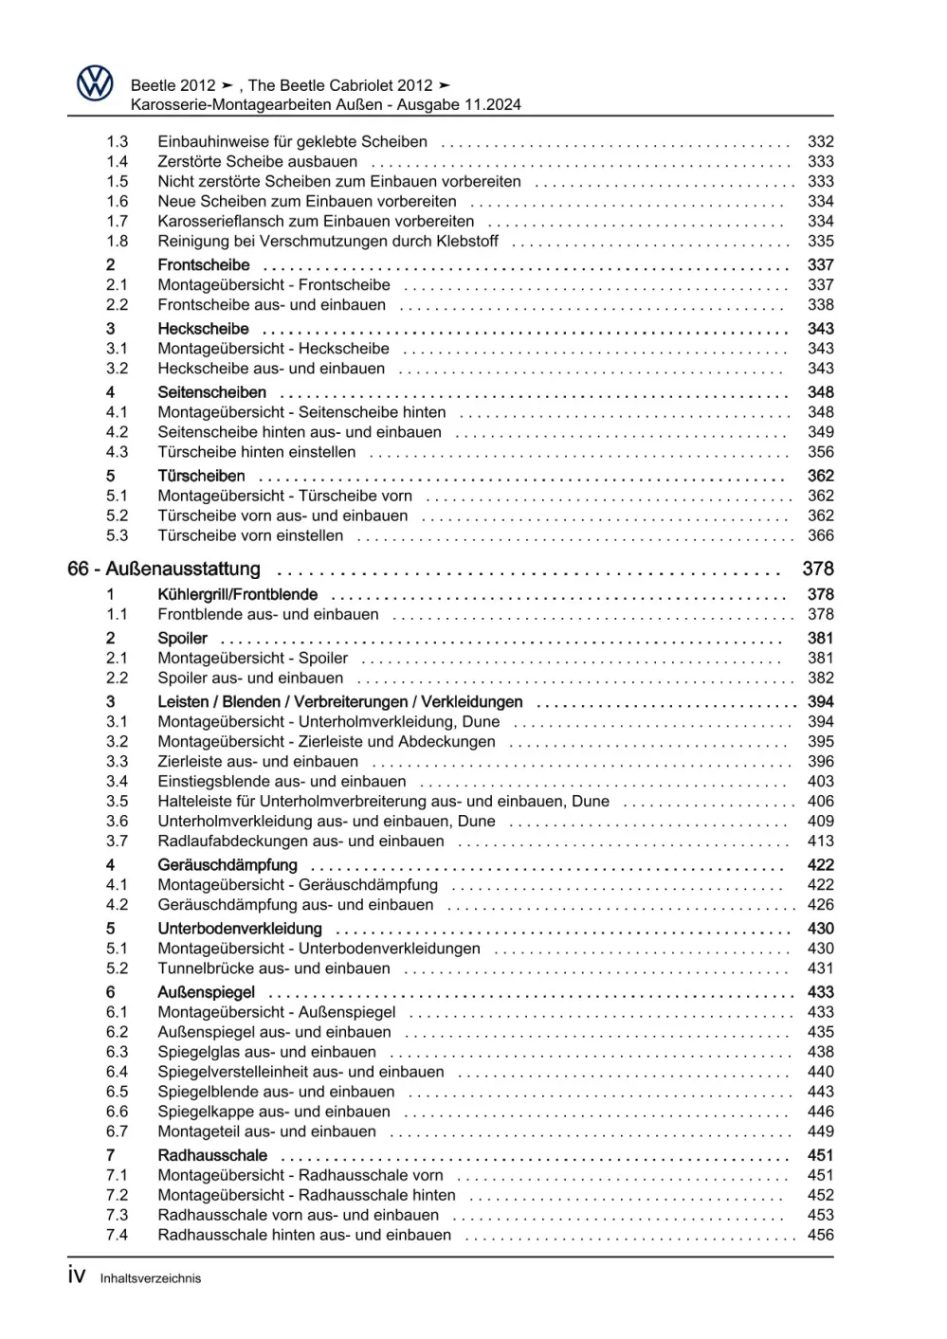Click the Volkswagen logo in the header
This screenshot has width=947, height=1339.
tap(95, 84)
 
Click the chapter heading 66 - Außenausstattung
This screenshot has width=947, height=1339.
tap(164, 569)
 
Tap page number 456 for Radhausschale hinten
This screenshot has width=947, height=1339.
tap(820, 1235)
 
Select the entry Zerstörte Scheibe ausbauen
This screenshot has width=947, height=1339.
tap(257, 161)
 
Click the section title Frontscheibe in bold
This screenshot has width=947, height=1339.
tap(204, 264)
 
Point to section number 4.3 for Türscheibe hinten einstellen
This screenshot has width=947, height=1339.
tap(117, 452)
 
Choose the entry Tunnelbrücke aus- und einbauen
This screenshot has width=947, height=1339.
tap(274, 968)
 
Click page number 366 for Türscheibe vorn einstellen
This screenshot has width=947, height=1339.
tap(820, 535)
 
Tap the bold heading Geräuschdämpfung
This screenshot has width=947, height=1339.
tap(228, 864)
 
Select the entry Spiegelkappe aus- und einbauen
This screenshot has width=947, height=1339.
tap(274, 1112)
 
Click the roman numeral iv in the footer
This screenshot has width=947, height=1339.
tap(77, 1276)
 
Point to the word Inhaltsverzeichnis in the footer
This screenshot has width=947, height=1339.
tap(151, 1278)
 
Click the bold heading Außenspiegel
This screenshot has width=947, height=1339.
tap(206, 992)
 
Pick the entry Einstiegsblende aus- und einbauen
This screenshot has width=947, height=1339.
tap(282, 781)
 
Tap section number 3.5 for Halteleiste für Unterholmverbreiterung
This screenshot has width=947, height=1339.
tap(117, 801)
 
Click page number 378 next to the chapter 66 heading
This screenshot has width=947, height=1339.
tap(817, 569)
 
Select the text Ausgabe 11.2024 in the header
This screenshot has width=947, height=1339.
tap(459, 105)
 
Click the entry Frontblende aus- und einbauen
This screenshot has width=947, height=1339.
tap(268, 614)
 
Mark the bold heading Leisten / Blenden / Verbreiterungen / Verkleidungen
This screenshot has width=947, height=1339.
tap(339, 701)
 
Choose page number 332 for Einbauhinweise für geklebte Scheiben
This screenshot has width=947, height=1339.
tap(820, 141)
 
